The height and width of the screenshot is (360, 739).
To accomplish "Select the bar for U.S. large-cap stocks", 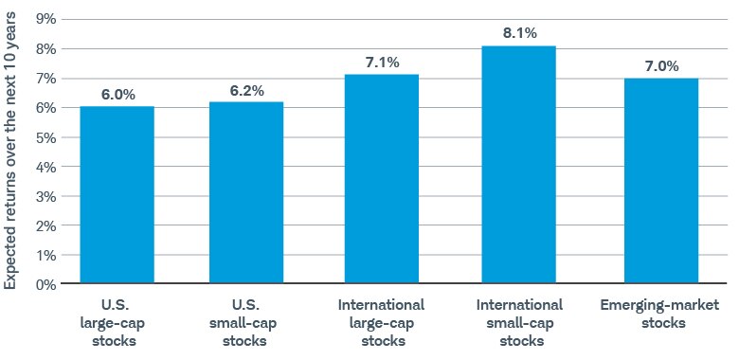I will (x=117, y=195).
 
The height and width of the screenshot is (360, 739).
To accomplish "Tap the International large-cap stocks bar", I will (x=382, y=179).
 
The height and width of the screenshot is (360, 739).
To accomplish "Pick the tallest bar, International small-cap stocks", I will (x=518, y=165).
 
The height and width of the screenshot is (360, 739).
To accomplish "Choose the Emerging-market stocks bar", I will (x=661, y=181).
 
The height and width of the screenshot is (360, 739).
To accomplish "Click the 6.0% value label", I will (x=117, y=94).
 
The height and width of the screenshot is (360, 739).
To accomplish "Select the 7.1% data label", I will (x=382, y=63).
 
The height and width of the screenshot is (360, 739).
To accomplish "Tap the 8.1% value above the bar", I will (x=518, y=33).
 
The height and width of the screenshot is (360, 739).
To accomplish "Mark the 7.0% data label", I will (x=661, y=65).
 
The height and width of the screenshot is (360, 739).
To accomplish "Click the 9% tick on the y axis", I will (x=45, y=20).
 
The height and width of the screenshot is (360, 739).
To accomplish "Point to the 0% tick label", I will (x=45, y=284).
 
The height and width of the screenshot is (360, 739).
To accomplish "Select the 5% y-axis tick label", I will (x=45, y=137).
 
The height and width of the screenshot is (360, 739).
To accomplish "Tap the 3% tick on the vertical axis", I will (x=45, y=196).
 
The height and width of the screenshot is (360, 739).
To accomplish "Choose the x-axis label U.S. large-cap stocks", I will (x=117, y=321).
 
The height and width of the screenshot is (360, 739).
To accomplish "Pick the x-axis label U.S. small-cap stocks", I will (x=246, y=321).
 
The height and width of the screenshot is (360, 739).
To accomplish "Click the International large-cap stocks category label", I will (x=382, y=321).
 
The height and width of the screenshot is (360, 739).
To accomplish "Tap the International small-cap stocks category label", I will (x=518, y=321).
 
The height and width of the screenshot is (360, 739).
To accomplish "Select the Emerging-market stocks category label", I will (x=661, y=314).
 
